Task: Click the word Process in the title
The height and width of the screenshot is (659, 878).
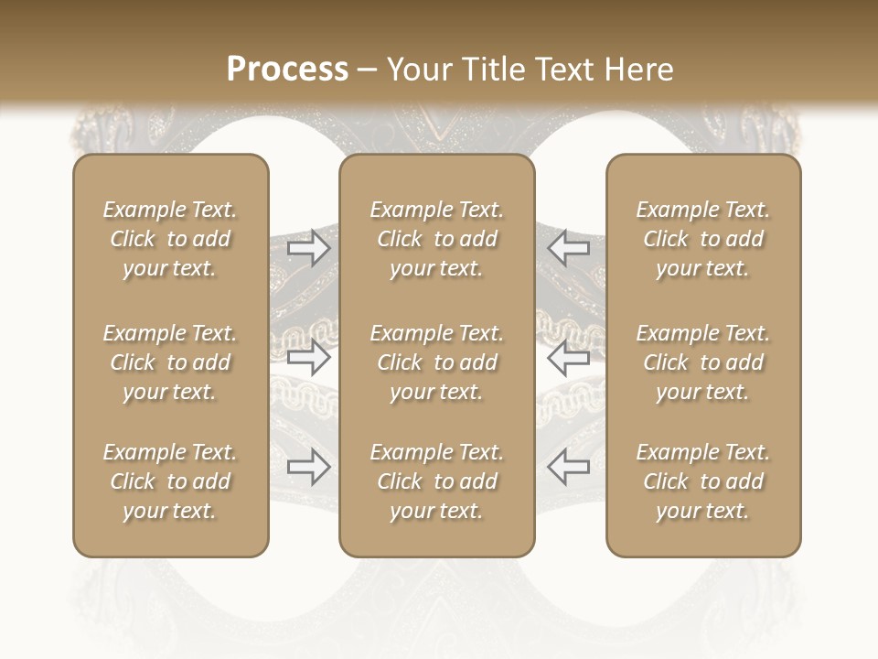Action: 287,70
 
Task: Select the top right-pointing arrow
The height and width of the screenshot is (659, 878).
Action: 309,248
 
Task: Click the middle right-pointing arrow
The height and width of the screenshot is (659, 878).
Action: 309,358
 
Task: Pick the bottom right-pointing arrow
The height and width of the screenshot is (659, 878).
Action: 309,468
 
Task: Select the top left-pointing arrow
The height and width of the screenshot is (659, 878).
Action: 568,248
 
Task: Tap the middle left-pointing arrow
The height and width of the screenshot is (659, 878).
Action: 568,358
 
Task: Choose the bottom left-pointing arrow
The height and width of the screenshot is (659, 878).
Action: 568,468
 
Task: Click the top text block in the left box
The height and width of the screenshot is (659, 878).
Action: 170,239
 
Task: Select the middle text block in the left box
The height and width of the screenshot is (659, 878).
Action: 170,362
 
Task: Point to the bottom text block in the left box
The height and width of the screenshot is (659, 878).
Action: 170,481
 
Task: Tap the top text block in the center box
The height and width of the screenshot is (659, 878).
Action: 437,239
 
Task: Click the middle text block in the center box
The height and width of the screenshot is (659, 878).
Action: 437,362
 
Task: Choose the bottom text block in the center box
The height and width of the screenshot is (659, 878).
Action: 437,481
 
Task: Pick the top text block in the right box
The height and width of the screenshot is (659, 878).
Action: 703,239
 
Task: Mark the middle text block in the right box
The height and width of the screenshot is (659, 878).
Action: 703,362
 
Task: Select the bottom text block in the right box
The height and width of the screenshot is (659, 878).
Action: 703,481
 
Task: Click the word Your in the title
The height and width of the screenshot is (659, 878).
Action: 419,70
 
